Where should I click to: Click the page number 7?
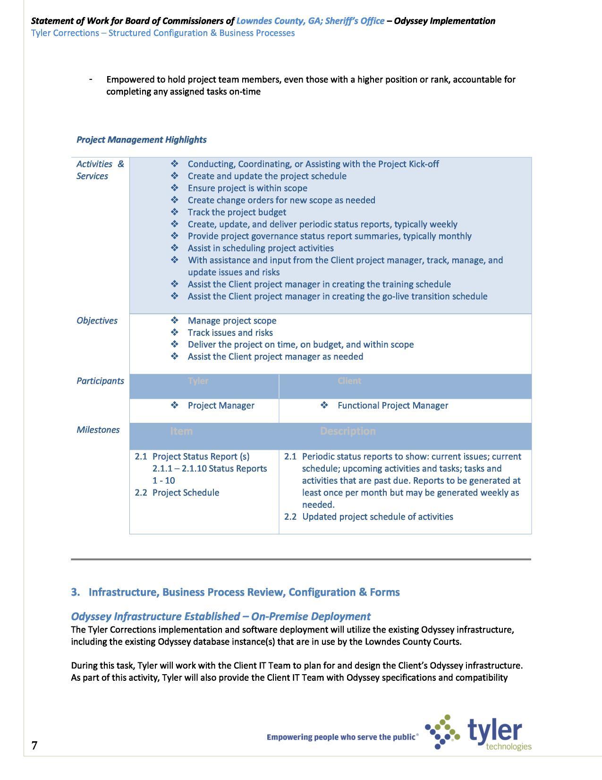pos(34,746)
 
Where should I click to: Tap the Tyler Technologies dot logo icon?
pos(442,732)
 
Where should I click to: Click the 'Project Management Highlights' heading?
pos(141,140)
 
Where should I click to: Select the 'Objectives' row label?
pos(97,321)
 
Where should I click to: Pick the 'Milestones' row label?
pos(98,430)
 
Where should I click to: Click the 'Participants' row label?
pos(100,381)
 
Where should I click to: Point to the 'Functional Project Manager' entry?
pos(392,406)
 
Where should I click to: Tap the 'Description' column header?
pos(348,431)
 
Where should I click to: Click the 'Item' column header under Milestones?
pos(181,431)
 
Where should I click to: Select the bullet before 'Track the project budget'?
pos(175,212)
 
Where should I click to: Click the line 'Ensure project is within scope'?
pos(247,188)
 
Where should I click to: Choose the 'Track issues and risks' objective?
pos(230,333)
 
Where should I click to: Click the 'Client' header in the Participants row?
pos(349,381)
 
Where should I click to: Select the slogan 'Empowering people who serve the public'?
pos(342,737)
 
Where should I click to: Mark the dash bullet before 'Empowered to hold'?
pos(90,79)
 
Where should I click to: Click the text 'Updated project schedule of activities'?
pos(377,517)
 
